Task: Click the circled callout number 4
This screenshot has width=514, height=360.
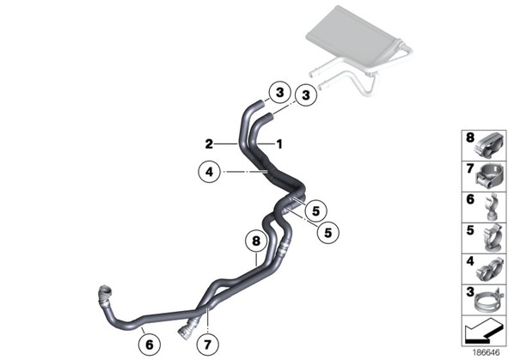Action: pyautogui.click(x=209, y=172)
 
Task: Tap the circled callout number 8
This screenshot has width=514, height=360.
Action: pyautogui.click(x=256, y=241)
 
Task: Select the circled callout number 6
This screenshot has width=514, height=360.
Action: pyautogui.click(x=150, y=345)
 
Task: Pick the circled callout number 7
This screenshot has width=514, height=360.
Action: pyautogui.click(x=207, y=345)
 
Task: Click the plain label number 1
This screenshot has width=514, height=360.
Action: pyautogui.click(x=279, y=143)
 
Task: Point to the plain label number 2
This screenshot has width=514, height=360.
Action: pyautogui.click(x=209, y=143)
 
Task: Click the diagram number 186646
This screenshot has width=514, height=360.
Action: pyautogui.click(x=486, y=352)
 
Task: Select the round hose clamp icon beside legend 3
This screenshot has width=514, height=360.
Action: pyautogui.click(x=487, y=301)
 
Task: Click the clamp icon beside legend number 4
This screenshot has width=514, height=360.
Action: pyautogui.click(x=489, y=271)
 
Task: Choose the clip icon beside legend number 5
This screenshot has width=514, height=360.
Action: pyautogui.click(x=493, y=238)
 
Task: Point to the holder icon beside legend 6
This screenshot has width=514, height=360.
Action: pyautogui.click(x=491, y=207)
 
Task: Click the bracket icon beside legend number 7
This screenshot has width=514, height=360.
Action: pyautogui.click(x=489, y=176)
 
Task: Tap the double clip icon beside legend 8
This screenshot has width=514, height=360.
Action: pyautogui.click(x=489, y=145)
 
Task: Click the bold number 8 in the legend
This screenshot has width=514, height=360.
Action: pyautogui.click(x=470, y=137)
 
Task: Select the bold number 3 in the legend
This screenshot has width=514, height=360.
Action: pyautogui.click(x=470, y=291)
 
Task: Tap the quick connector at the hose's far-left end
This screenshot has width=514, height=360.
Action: pyautogui.click(x=105, y=293)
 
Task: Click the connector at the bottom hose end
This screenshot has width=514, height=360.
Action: pyautogui.click(x=186, y=328)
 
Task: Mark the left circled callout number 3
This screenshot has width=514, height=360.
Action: pyautogui.click(x=279, y=93)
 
